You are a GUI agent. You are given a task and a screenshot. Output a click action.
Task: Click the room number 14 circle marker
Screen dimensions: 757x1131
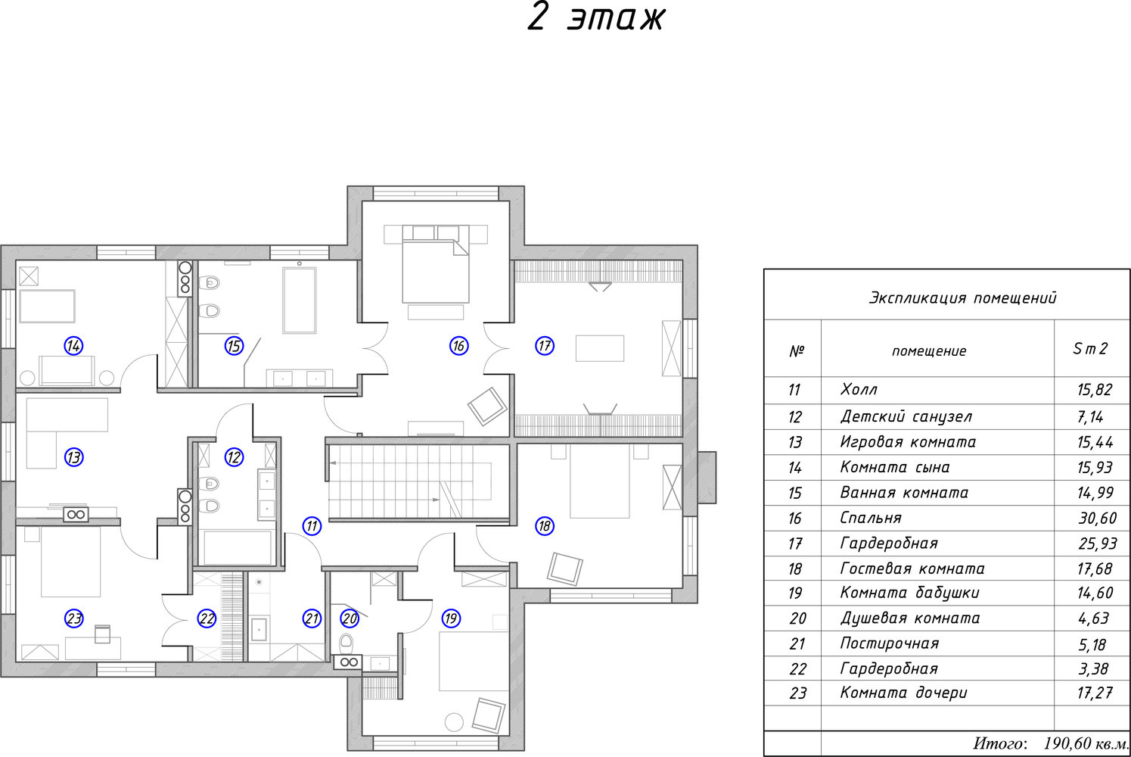(x=73, y=346)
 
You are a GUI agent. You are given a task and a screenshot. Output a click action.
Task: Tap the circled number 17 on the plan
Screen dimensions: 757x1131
(x=545, y=346)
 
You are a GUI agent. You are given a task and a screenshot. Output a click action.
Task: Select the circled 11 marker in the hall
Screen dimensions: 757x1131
(x=312, y=526)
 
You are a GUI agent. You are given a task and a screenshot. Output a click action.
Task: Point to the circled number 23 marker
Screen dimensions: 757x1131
(x=73, y=618)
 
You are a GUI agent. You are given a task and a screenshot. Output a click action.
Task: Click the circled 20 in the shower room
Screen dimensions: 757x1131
(x=349, y=618)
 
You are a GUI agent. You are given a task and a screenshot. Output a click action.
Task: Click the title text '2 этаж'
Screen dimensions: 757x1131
(x=595, y=17)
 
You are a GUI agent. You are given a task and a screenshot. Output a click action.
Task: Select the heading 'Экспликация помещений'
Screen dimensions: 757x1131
(x=962, y=298)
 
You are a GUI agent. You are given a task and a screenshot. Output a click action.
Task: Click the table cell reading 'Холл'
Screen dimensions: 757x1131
(x=859, y=390)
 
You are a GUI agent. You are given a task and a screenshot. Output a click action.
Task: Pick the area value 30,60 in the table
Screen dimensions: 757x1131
(x=1096, y=518)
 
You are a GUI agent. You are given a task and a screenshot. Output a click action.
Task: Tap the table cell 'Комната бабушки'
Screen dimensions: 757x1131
(x=909, y=593)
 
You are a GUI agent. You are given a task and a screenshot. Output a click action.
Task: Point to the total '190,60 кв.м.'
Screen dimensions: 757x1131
(x=1086, y=743)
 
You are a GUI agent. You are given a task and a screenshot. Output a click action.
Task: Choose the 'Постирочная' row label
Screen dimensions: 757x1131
(x=889, y=643)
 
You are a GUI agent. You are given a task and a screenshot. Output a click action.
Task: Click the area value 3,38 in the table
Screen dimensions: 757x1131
(x=1093, y=668)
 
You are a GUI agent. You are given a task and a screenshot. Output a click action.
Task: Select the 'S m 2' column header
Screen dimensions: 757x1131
(x=1090, y=349)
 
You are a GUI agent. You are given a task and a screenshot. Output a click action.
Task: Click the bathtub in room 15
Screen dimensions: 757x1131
(x=299, y=300)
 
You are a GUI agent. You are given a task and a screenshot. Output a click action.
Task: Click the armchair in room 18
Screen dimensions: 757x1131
(x=566, y=568)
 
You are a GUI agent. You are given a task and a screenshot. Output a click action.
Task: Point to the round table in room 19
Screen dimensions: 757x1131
(x=454, y=721)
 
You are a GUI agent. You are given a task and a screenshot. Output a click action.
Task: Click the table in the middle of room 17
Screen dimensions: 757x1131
(x=600, y=348)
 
